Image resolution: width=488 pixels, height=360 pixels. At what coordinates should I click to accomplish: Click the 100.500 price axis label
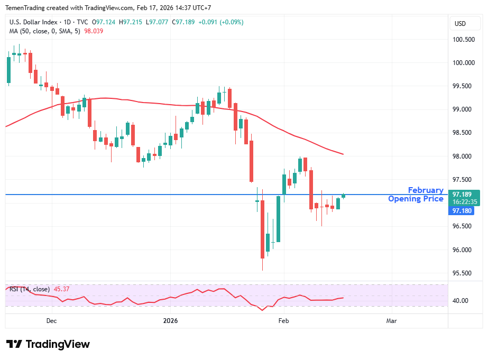coord(463,40)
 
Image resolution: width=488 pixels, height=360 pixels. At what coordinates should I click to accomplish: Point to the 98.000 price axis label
coord(463,156)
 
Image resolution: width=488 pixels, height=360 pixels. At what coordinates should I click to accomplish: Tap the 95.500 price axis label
coord(463,273)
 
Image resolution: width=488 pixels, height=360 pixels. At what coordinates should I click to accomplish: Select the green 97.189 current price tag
coord(464,194)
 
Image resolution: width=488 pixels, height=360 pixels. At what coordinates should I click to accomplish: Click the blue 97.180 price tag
coord(462,211)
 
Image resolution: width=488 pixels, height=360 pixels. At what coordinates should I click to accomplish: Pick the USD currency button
coord(460,24)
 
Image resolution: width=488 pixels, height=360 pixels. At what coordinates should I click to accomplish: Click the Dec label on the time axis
coord(51,321)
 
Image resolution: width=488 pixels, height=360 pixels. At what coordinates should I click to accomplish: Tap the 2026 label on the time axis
coord(170,321)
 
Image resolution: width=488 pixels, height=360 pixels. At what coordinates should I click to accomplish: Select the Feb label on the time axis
coord(284,321)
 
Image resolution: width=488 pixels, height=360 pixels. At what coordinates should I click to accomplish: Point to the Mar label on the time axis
coord(391,321)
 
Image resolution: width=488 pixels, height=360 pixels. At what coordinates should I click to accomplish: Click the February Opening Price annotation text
coord(416,195)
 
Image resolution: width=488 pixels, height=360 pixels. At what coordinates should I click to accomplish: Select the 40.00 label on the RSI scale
coord(461,301)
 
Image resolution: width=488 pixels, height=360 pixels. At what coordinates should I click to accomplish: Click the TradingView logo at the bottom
coord(48,344)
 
